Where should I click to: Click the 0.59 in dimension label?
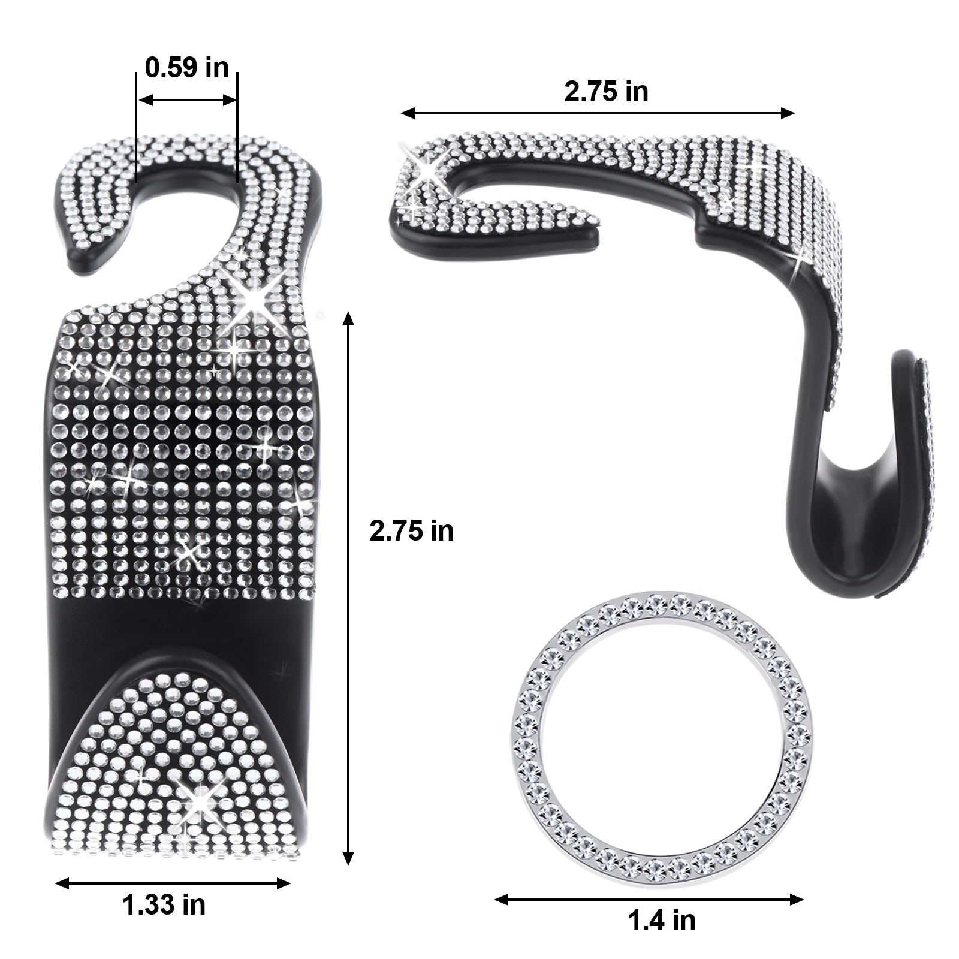click(187, 68)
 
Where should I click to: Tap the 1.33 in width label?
click(164, 904)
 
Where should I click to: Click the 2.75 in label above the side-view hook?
click(606, 92)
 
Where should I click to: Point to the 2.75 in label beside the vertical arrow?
click(411, 531)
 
